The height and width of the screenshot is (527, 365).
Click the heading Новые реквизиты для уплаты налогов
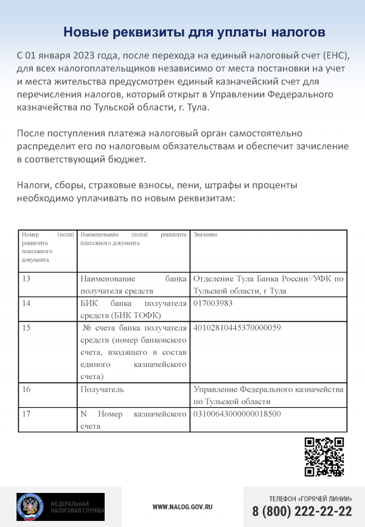195,31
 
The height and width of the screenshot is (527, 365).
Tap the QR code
324,457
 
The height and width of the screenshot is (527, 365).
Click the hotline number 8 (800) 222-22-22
302,511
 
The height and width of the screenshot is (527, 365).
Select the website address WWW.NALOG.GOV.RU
182,506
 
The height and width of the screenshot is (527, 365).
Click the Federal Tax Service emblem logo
29,506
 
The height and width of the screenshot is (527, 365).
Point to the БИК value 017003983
213,303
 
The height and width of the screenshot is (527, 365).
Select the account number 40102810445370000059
237,327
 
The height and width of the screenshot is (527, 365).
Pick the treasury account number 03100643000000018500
237,414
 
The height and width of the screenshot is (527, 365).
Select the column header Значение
205,235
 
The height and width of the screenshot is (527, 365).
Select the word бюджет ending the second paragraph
129,159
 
